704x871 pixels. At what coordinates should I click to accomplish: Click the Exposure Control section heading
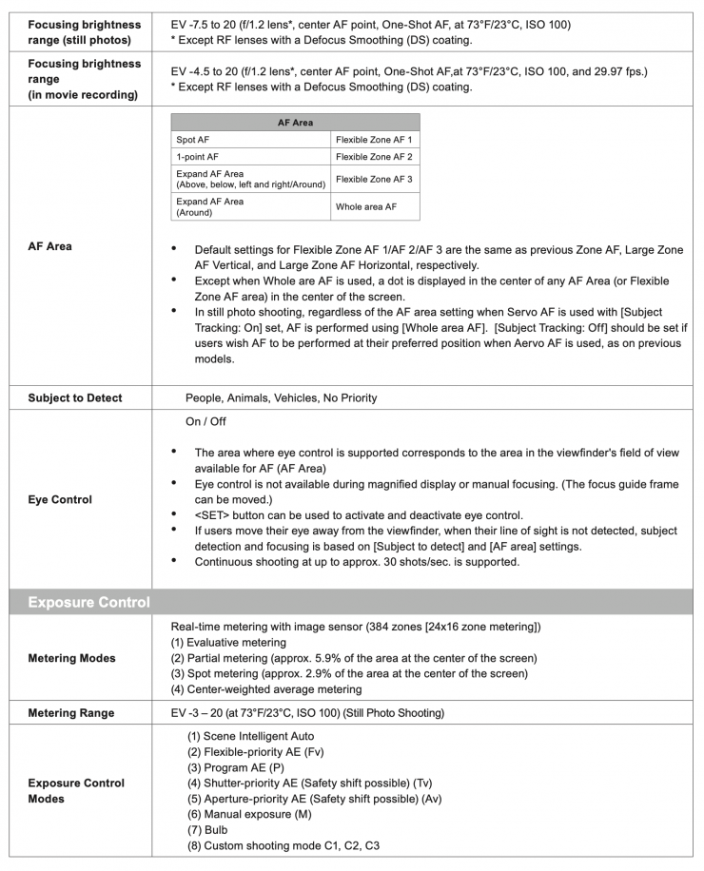coord(89,602)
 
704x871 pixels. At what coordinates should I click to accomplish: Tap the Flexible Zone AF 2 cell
coord(374,157)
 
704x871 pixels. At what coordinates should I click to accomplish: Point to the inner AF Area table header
coord(295,123)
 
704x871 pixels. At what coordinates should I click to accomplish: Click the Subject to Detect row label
coord(75,397)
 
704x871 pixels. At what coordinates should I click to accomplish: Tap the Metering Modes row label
coord(72,658)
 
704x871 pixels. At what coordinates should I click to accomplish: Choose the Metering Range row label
coord(71,713)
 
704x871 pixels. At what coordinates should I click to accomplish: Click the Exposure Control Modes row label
coord(76,791)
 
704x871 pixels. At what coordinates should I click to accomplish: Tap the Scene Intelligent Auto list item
coord(251,736)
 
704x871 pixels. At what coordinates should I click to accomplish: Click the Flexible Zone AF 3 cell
coord(374,179)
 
